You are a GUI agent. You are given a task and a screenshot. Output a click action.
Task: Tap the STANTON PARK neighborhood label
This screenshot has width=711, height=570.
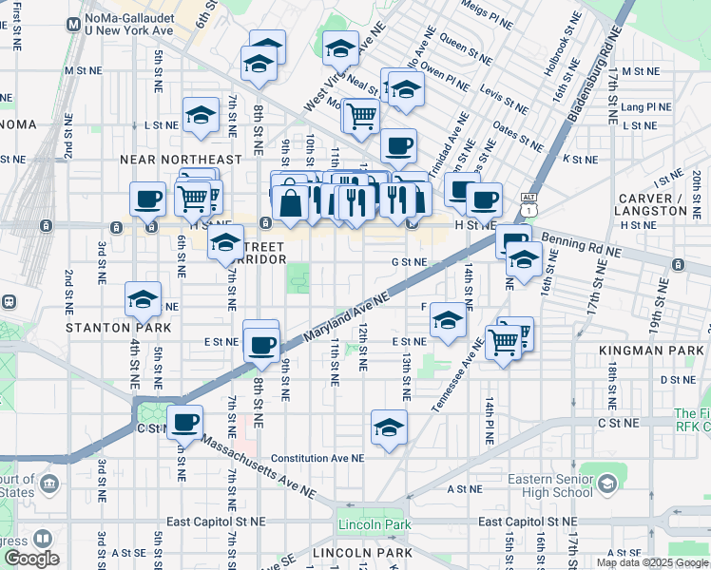[105, 327]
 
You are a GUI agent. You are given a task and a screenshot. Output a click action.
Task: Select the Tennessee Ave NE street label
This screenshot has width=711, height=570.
[452, 375]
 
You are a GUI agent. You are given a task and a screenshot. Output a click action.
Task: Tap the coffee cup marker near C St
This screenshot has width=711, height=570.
[184, 423]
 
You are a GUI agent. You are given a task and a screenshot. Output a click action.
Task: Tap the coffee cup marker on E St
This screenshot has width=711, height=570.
[260, 344]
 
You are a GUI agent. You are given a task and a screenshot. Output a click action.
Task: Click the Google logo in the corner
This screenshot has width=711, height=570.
[31, 559]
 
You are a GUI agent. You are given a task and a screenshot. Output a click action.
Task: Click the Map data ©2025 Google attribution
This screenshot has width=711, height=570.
[653, 562]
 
